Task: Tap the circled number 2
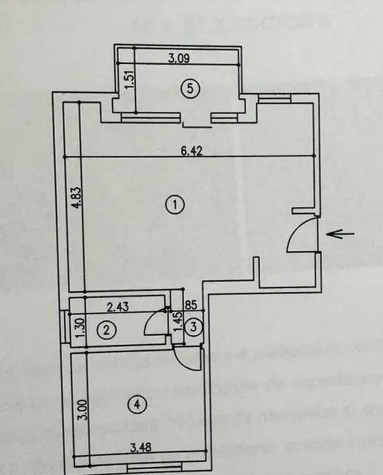coord(106,331)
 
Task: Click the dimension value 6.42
coord(189,152)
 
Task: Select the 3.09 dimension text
coord(179,58)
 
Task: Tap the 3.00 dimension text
coord(83,410)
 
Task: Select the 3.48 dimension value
coord(138,447)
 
